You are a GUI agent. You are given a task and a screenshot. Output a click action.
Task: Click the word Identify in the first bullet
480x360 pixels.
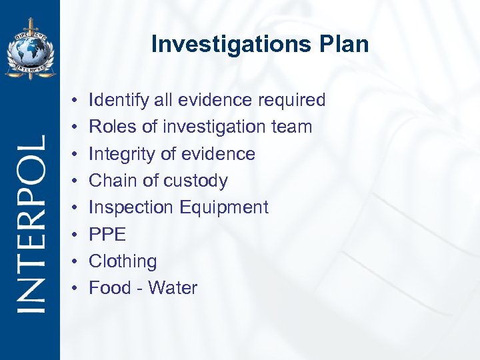(114, 101)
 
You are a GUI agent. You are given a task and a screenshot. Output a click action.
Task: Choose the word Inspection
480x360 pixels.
(131, 207)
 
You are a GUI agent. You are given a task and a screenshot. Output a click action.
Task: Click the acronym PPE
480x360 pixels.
(107, 235)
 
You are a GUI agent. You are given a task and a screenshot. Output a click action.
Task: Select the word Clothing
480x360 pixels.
(123, 261)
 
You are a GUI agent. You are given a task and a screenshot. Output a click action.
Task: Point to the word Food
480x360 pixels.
(110, 288)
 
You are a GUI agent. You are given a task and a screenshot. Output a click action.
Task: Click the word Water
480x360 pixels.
(173, 288)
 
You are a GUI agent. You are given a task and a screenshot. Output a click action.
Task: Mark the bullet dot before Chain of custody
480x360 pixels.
(76, 181)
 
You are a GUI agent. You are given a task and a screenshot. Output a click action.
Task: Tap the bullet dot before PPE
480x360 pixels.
(76, 235)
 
